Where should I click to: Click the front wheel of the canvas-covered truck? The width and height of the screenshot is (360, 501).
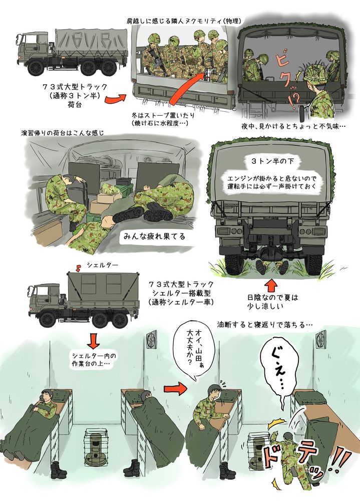click(35, 68)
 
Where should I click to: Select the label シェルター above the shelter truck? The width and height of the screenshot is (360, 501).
click(103, 265)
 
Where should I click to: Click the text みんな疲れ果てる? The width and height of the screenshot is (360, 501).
click(154, 236)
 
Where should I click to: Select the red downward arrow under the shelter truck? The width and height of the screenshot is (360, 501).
click(93, 341)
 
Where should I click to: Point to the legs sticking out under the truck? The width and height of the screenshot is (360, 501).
click(272, 268)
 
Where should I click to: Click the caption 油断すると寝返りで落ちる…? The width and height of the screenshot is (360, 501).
click(265, 324)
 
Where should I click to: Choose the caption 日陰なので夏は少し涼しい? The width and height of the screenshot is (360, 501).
click(272, 301)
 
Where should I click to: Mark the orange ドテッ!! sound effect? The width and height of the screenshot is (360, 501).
click(300, 462)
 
